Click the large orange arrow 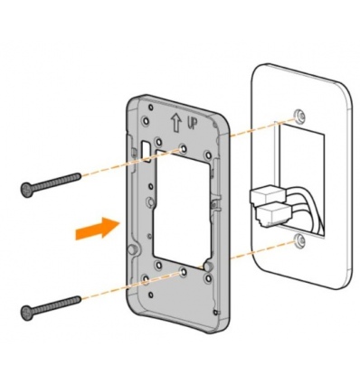pos(98,229)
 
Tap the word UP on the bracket pos(193,123)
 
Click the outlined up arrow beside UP pos(177,124)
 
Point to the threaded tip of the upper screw pos(79,175)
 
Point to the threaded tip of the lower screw pos(79,299)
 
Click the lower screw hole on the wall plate pos(299,239)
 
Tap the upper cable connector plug pos(267,196)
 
